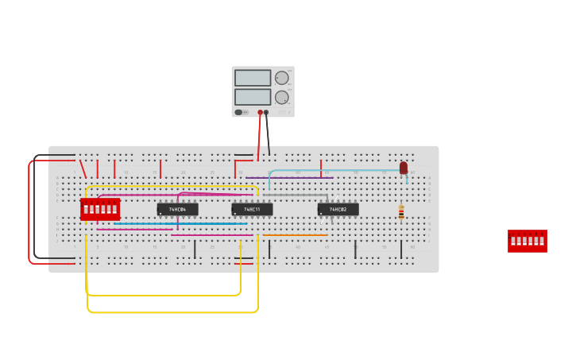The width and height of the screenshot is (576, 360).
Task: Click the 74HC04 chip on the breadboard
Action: point(177,209)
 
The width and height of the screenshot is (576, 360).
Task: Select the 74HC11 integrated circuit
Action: point(252,209)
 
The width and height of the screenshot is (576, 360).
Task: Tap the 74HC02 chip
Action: point(338,209)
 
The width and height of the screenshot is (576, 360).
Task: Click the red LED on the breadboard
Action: point(404,168)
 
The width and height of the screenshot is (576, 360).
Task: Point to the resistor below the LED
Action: point(401,211)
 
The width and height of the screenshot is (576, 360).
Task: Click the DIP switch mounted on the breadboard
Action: point(100,209)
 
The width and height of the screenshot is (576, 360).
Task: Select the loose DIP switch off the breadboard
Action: point(527,241)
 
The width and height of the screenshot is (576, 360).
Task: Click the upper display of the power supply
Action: point(253,78)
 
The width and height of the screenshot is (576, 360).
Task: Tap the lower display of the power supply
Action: point(253,97)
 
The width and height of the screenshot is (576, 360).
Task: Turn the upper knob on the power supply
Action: point(282,78)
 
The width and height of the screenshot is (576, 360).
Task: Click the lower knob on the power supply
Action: point(282,97)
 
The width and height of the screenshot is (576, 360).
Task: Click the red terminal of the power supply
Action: point(260,113)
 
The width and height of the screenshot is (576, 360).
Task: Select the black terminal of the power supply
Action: point(266,113)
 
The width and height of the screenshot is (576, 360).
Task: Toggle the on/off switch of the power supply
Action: point(239,112)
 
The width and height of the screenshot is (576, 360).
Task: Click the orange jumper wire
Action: point(294,235)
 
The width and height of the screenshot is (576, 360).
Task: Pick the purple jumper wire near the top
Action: point(290,178)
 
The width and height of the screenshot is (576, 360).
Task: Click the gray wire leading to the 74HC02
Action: point(294,195)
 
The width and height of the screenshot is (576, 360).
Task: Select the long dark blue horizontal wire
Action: point(179,224)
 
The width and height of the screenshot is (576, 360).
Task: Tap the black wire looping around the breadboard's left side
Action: point(34,207)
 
